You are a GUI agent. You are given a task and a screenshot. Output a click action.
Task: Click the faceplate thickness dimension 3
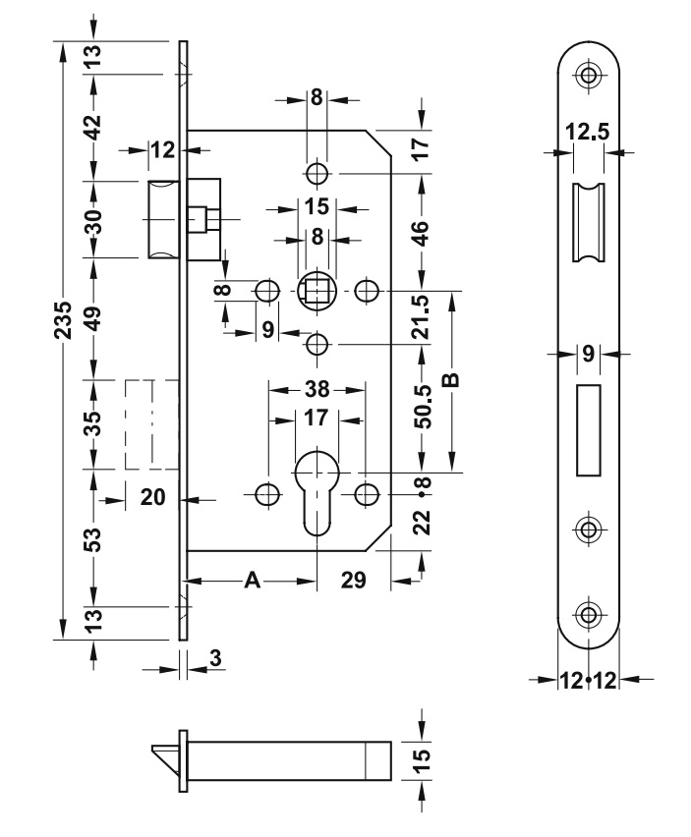(x=215, y=659)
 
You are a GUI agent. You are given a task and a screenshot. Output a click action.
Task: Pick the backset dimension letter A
(x=253, y=581)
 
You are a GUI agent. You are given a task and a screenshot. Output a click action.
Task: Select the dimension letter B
(x=452, y=380)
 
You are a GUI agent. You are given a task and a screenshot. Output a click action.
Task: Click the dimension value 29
(x=353, y=581)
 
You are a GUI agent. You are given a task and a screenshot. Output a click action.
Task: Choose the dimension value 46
(x=422, y=233)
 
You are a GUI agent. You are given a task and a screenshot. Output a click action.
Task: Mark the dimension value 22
(x=422, y=520)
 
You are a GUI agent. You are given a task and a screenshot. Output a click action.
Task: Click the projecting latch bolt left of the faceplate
(x=162, y=218)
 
